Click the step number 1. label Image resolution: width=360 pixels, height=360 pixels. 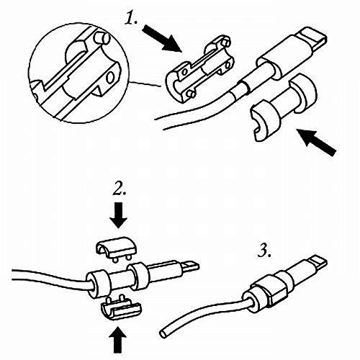[131, 17]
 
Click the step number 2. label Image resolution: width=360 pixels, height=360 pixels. [120, 189]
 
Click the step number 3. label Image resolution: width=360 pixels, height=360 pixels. [265, 251]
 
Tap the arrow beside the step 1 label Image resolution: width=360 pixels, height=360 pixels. [161, 39]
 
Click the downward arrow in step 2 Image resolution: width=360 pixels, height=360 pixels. [119, 215]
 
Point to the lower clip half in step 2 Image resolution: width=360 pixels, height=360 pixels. [120, 309]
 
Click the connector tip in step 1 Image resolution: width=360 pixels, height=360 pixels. [312, 37]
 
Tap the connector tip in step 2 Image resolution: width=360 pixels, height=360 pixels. [190, 266]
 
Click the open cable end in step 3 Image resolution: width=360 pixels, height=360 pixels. [163, 334]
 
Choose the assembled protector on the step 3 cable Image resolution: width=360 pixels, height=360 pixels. [265, 291]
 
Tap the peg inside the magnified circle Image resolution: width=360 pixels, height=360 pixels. [102, 38]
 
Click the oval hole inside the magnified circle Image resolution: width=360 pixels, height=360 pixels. [110, 77]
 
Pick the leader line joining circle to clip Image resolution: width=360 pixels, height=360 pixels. [145, 84]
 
